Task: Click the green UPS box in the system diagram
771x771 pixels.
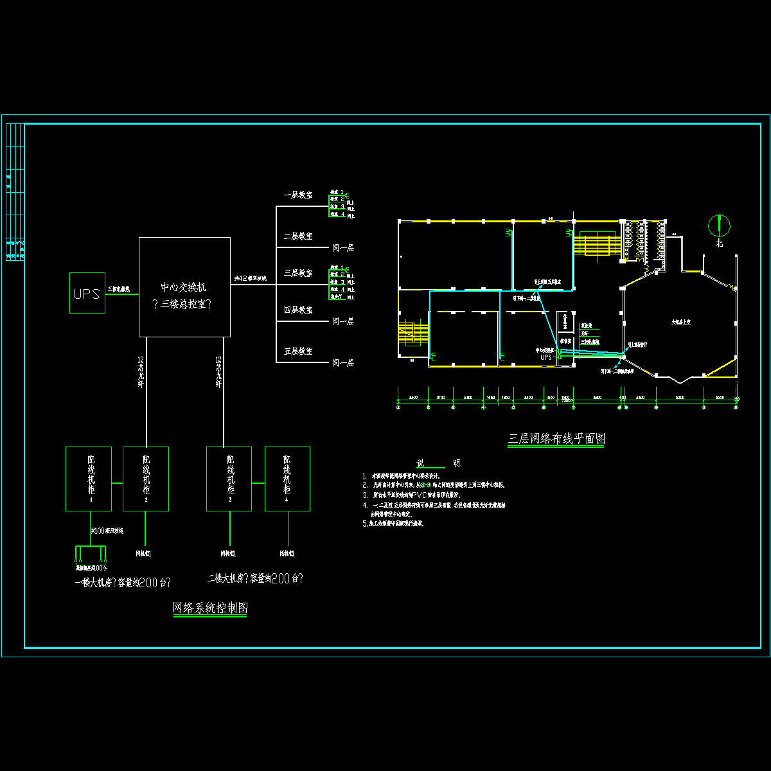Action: click(87, 293)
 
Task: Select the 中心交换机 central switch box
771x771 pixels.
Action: click(185, 287)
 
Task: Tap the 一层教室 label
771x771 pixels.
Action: click(298, 195)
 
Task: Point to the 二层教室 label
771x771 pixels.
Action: click(298, 236)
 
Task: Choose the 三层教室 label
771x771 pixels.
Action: click(298, 273)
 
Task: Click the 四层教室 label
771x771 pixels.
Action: click(298, 310)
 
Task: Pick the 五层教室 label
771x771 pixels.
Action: click(298, 351)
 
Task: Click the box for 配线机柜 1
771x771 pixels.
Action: click(89, 479)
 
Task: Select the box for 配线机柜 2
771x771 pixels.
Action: click(146, 479)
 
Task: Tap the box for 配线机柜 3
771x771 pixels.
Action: click(229, 479)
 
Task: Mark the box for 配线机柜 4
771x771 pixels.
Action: click(287, 479)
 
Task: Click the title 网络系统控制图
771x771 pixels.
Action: click(210, 608)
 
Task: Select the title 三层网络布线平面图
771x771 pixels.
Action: click(556, 439)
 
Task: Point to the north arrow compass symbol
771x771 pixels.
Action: click(719, 224)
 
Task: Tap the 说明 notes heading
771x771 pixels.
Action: click(438, 463)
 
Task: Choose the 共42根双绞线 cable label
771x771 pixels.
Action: click(251, 278)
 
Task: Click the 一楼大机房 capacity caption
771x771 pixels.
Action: click(123, 583)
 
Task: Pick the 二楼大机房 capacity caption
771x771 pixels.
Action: click(254, 578)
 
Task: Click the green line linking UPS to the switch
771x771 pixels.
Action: click(122, 294)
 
